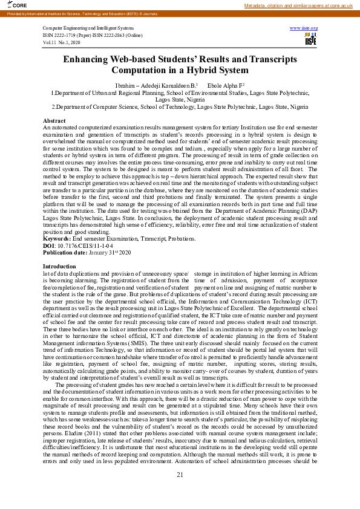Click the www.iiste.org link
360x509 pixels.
304,28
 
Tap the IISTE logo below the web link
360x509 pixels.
310,40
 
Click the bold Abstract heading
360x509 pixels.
54,122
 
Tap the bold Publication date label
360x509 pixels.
65,253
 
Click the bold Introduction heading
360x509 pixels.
59,266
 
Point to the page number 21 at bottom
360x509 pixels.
180,492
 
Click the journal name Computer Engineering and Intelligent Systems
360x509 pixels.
88,28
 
